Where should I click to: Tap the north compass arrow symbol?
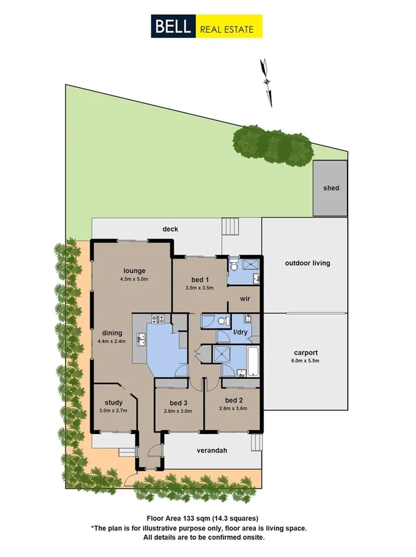click(267, 80)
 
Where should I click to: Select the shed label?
click(331, 188)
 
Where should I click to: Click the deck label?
click(170, 229)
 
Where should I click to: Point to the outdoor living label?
click(307, 263)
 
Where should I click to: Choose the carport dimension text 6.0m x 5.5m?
click(308, 361)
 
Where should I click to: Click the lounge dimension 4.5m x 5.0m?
click(134, 279)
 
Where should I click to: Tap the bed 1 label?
click(200, 279)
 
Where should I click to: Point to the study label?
click(113, 402)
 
